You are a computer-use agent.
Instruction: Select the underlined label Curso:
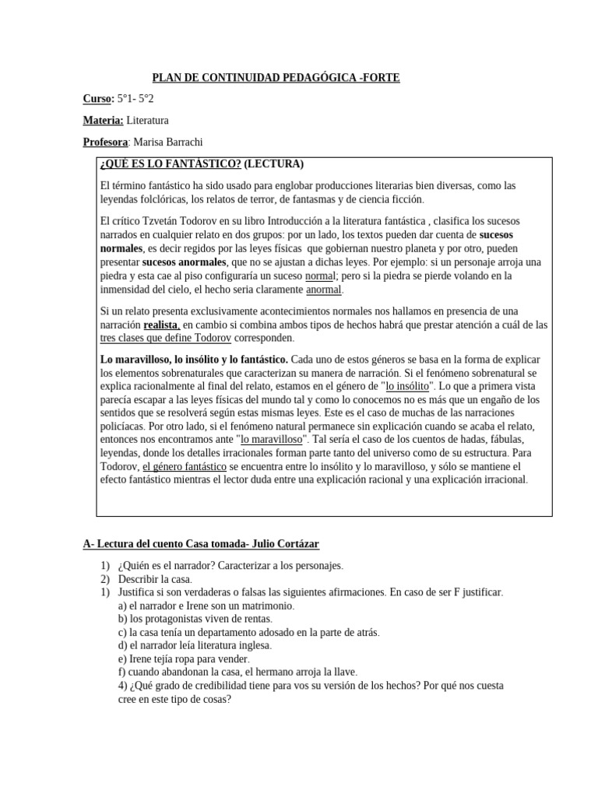coord(98,99)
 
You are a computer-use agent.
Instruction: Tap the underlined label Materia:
coord(103,121)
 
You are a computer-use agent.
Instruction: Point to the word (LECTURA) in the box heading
coord(273,164)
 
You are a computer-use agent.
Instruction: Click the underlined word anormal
coord(324,290)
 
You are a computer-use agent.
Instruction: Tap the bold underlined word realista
coord(162,325)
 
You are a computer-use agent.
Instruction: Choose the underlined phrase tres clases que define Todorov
coord(166,339)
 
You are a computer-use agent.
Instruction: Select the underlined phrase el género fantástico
coord(184,466)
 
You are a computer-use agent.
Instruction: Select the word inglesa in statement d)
coord(248,645)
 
